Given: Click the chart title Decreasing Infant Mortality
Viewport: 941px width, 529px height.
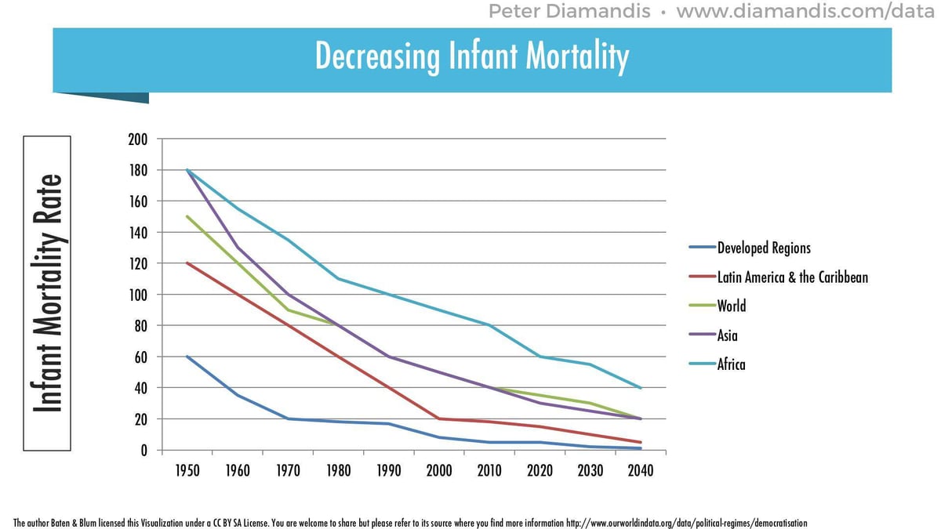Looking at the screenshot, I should pyautogui.click(x=471, y=56).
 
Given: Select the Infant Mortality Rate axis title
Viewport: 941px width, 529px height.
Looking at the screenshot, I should pyautogui.click(x=48, y=293).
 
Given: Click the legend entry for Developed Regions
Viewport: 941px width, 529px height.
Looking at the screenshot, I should pyautogui.click(x=763, y=248).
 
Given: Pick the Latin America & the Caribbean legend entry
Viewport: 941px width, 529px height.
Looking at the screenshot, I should pyautogui.click(x=792, y=277).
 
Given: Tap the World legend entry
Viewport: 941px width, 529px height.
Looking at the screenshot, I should pyautogui.click(x=731, y=306).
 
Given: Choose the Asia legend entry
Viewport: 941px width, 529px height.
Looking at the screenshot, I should pyautogui.click(x=727, y=335).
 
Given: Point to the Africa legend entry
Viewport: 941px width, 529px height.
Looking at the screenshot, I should pyautogui.click(x=731, y=364).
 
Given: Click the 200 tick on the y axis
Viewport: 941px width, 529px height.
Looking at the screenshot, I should pyautogui.click(x=137, y=139).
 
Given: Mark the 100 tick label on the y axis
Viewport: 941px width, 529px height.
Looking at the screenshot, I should pyautogui.click(x=137, y=295).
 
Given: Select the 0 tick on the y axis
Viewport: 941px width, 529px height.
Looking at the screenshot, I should pyautogui.click(x=144, y=451).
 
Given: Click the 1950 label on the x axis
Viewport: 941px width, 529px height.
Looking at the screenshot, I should pyautogui.click(x=187, y=471).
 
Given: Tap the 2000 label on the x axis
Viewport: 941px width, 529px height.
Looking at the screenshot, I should pyautogui.click(x=439, y=471).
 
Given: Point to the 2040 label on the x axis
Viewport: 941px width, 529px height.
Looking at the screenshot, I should pyautogui.click(x=640, y=471).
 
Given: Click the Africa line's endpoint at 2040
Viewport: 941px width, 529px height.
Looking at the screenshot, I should pyautogui.click(x=641, y=388).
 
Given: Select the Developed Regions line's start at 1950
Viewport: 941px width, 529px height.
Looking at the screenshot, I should pyautogui.click(x=187, y=357).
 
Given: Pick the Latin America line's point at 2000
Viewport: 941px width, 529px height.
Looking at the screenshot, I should pyautogui.click(x=439, y=419).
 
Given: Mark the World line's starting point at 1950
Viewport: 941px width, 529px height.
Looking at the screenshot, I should pyautogui.click(x=187, y=217).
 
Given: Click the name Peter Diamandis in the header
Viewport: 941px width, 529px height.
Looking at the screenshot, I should pyautogui.click(x=569, y=12).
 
